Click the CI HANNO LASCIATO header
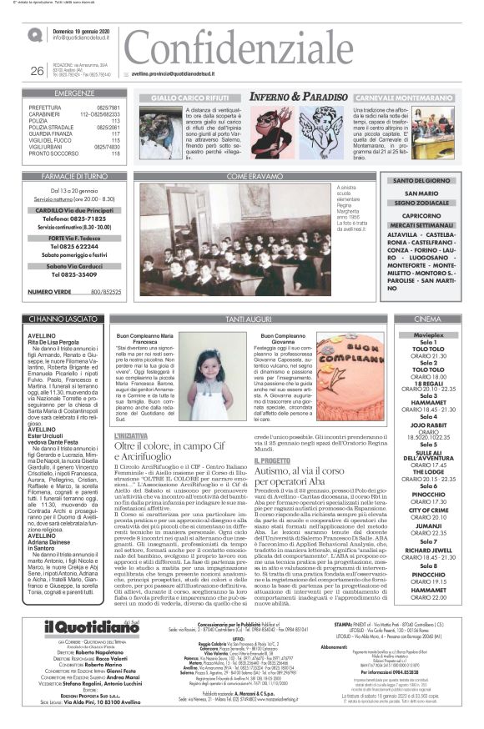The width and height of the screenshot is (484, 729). pos(66,319)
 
